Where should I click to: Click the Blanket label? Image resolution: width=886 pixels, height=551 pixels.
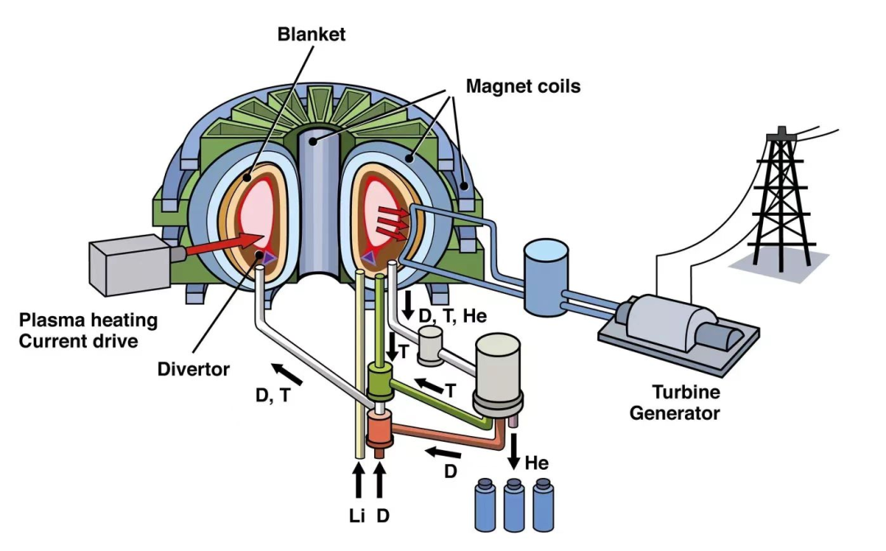point(312,34)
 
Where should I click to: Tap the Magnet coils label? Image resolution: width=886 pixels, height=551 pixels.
point(523,85)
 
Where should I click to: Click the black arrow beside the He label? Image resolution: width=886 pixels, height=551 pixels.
point(515,451)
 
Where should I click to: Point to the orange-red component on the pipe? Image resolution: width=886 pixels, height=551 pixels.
point(380,429)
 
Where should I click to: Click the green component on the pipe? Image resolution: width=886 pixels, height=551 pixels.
point(381,383)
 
